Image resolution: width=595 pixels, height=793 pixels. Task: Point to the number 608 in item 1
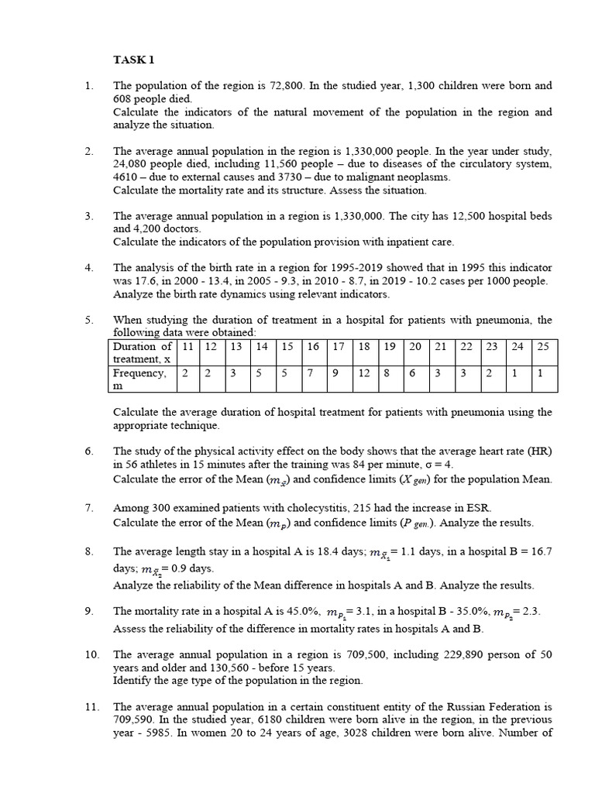tap(123, 99)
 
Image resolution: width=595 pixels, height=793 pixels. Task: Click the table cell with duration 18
tap(364, 346)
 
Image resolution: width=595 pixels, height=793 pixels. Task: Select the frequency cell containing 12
tap(364, 373)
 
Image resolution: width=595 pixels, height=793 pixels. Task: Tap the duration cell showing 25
tap(542, 346)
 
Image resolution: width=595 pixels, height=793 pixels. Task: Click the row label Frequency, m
tap(140, 379)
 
